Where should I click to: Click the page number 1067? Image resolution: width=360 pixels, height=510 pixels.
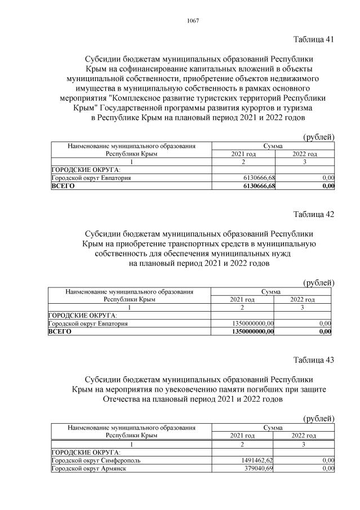tap(190, 21)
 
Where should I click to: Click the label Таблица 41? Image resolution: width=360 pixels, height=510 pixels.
tap(314, 39)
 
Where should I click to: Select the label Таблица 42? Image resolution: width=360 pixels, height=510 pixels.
tap(314, 214)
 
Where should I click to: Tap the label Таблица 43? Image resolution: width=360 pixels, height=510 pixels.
tap(314, 361)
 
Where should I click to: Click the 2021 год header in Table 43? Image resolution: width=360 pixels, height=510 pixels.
tap(243, 436)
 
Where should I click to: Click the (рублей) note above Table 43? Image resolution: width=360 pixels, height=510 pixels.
tap(319, 418)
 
